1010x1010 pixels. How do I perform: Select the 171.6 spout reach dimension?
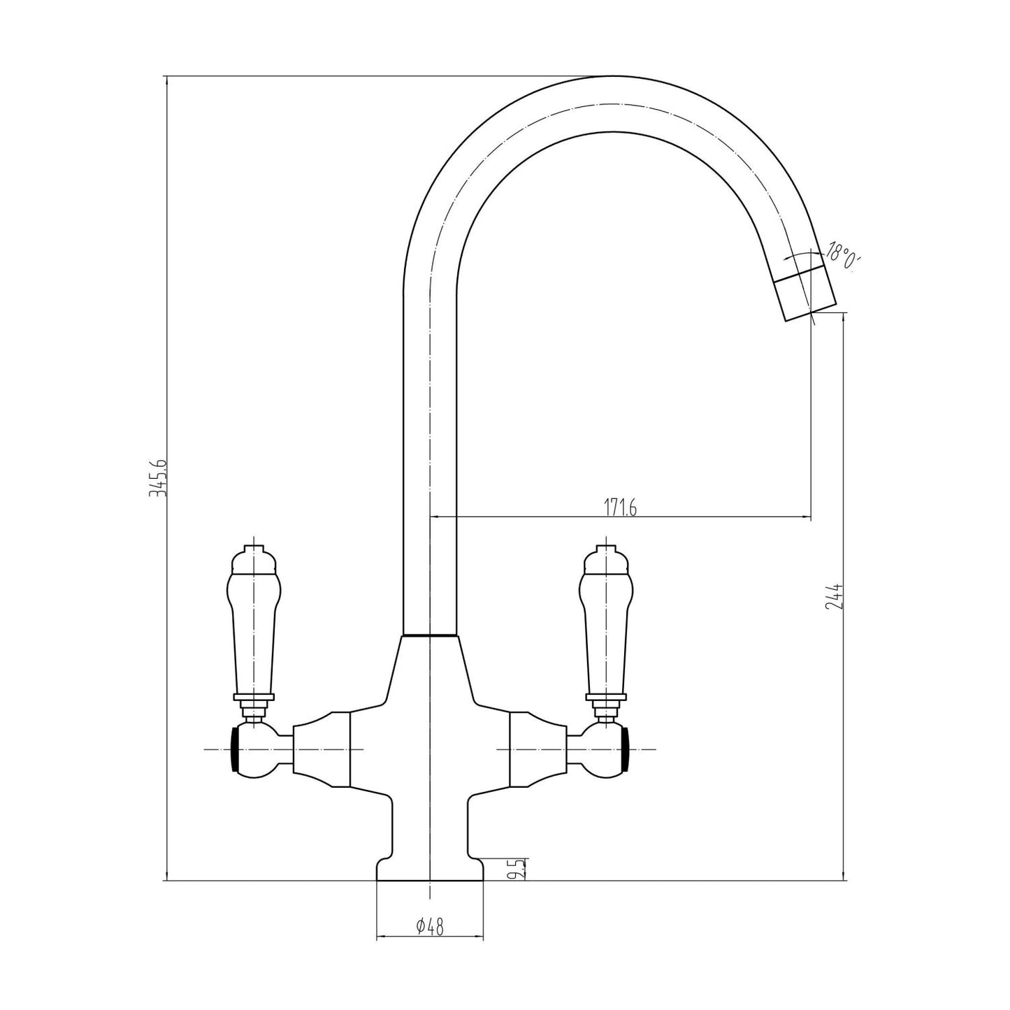point(619,508)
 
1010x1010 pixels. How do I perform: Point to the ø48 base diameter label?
point(430,927)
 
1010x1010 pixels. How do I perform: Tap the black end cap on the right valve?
point(626,749)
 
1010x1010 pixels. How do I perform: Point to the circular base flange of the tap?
point(430,870)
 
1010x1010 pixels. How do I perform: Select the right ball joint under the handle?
point(603,749)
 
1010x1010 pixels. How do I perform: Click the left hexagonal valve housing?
point(321,750)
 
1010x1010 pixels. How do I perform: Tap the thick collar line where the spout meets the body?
point(430,636)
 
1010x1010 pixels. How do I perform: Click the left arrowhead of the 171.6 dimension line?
point(433,517)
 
